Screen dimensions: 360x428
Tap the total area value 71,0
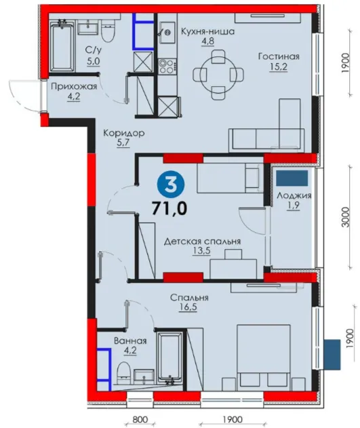(x=169, y=209)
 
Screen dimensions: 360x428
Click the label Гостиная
(x=279, y=56)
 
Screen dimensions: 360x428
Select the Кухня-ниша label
(x=208, y=32)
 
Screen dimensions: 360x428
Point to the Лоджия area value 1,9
(x=294, y=206)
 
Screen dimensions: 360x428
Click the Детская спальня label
(x=202, y=241)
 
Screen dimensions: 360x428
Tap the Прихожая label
(x=74, y=87)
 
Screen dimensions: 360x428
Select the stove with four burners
(x=167, y=66)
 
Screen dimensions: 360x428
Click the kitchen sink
(x=167, y=33)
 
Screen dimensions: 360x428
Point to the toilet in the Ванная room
(x=123, y=372)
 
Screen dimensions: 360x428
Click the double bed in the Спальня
(x=264, y=357)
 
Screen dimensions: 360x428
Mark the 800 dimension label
(x=141, y=419)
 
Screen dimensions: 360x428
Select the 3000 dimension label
(x=345, y=217)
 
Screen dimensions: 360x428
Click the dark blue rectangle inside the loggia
(x=292, y=178)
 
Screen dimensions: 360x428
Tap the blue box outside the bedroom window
(x=332, y=354)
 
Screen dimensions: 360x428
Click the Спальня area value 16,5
(x=188, y=307)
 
